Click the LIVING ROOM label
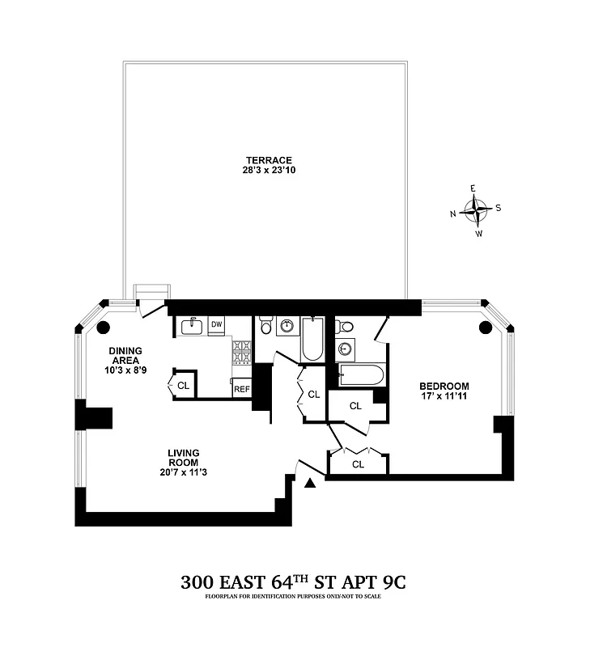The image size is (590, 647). pos(184,458)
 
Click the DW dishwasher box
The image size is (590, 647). pos(217,324)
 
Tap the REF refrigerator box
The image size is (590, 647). pos(241,389)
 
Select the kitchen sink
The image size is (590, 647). pos(192,326)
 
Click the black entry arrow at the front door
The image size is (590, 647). pos(310,484)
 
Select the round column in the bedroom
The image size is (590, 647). pos(486,328)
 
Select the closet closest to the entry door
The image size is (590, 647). pos(358,464)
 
